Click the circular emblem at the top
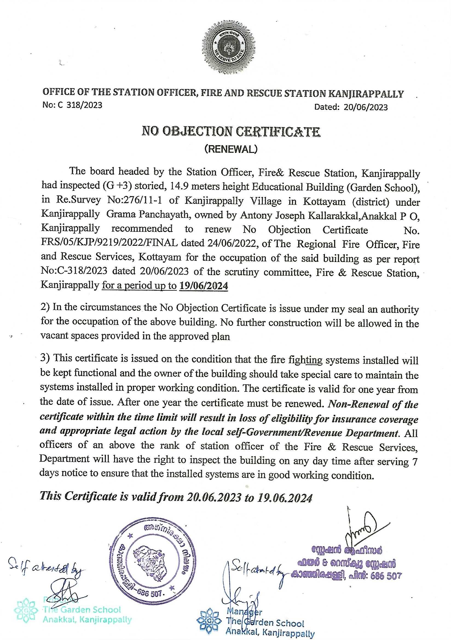(x=229, y=46)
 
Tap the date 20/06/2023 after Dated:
(x=365, y=107)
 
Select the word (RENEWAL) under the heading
(x=231, y=149)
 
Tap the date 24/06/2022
(x=232, y=244)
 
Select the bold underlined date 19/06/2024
(x=204, y=286)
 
